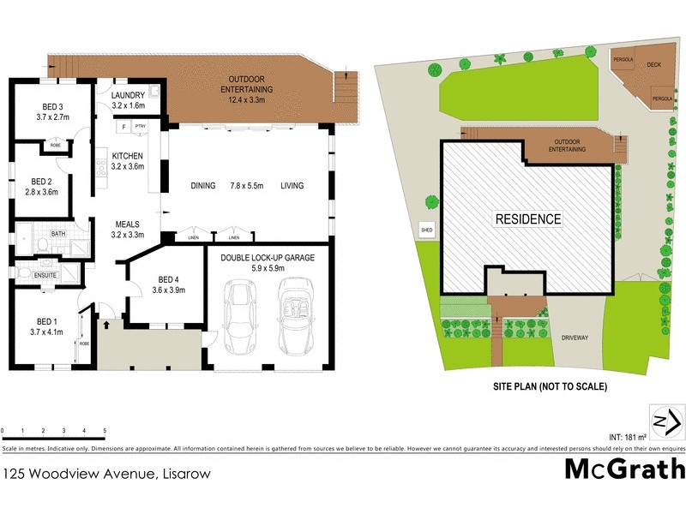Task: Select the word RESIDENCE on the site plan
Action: [x=528, y=219]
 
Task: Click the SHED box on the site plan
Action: [x=426, y=230]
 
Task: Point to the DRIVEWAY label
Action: [x=575, y=338]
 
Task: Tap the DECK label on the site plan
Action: [x=653, y=65]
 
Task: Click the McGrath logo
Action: [x=624, y=469]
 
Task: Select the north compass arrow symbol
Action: [x=666, y=422]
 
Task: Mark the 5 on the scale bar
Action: [x=105, y=430]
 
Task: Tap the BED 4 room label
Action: [x=167, y=284]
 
